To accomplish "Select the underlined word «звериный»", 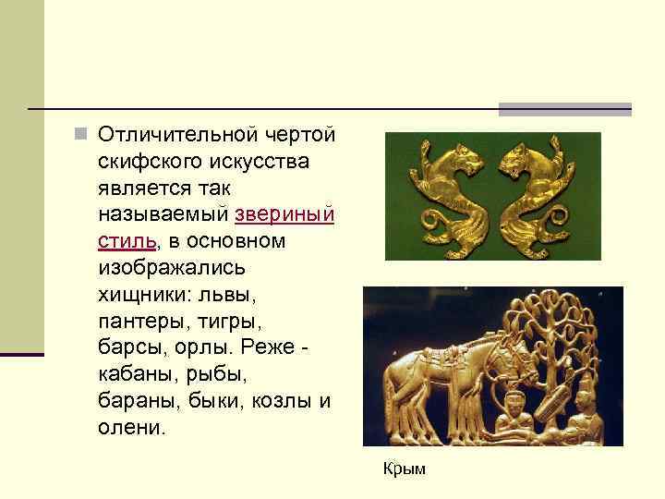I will coord(284,214).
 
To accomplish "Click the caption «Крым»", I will coord(405,469).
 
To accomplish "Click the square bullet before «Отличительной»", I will coord(81,135).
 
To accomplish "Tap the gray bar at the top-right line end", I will coord(564,109).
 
